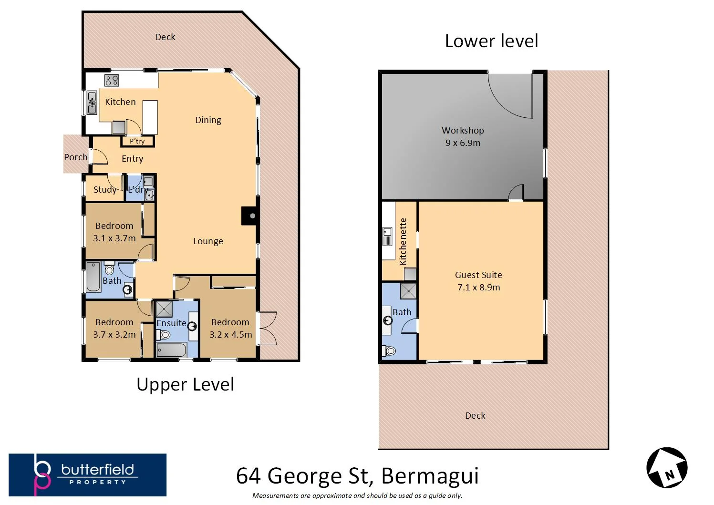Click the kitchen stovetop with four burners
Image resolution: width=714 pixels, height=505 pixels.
[112, 80]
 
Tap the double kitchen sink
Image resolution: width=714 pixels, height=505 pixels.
[92, 103]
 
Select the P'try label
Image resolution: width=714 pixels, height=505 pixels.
[137, 141]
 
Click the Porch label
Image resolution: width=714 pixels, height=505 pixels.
[76, 157]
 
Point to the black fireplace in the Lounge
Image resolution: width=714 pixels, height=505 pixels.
[249, 216]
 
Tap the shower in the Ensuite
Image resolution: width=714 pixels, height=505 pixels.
[164, 309]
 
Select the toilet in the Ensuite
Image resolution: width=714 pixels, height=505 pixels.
[163, 335]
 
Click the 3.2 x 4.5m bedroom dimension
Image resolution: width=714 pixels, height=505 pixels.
[230, 335]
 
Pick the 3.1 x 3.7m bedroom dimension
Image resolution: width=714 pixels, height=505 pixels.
[114, 238]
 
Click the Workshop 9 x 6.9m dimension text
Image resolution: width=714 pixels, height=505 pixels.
[463, 143]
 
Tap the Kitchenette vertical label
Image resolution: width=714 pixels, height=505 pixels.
[403, 241]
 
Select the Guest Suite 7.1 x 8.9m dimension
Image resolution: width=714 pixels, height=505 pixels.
[478, 287]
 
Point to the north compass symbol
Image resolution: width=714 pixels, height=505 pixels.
[667, 467]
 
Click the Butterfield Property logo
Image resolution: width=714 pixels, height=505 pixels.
[88, 475]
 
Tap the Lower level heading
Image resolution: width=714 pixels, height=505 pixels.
[491, 41]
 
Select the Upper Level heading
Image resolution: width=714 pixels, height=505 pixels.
[185, 384]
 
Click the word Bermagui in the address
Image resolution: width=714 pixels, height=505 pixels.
[430, 476]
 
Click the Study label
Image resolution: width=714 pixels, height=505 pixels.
[104, 189]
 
